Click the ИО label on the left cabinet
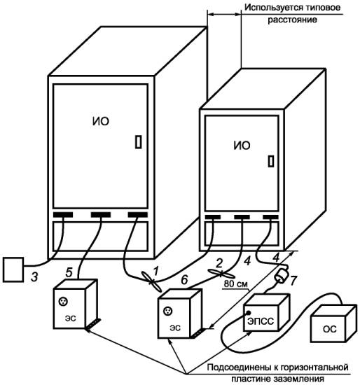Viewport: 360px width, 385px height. click(x=101, y=121)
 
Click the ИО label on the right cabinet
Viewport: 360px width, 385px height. click(x=242, y=146)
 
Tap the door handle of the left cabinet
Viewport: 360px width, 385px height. click(x=139, y=142)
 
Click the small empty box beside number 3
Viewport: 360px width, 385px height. click(x=13, y=269)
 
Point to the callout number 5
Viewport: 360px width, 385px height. click(x=69, y=272)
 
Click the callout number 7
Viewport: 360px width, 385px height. click(x=293, y=281)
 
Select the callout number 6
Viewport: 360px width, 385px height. click(x=184, y=280)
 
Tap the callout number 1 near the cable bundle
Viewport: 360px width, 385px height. click(x=155, y=271)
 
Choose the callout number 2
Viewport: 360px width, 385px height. click(x=219, y=263)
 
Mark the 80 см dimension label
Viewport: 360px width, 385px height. click(x=235, y=283)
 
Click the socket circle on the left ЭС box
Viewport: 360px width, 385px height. click(x=63, y=301)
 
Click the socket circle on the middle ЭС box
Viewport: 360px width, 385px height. click(x=167, y=311)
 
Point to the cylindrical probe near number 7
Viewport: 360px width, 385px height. click(x=280, y=277)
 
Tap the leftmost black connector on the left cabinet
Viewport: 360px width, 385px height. click(x=63, y=215)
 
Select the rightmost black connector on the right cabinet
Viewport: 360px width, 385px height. click(x=271, y=217)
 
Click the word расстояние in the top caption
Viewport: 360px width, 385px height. click(x=292, y=20)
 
